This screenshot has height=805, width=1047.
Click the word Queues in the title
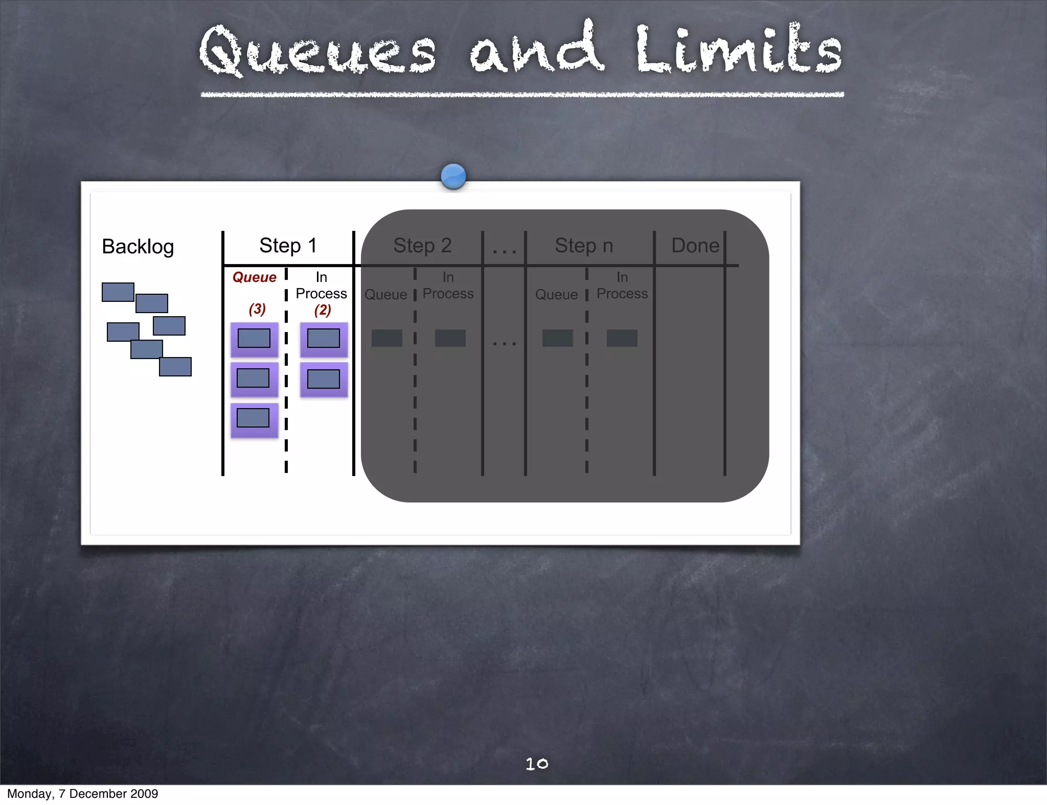(317, 51)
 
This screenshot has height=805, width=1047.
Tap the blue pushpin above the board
(453, 176)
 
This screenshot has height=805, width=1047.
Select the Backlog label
(138, 247)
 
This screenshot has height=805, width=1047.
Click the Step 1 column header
(288, 246)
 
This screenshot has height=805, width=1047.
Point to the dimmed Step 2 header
(422, 246)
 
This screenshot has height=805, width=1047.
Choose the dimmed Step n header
(584, 246)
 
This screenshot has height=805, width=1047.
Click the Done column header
(695, 246)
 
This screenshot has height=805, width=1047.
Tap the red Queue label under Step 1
(254, 277)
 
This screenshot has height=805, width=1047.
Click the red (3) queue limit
(257, 309)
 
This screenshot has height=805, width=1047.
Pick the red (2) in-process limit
(323, 310)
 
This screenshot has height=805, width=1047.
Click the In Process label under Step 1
(321, 286)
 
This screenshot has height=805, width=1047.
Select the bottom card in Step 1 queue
(254, 419)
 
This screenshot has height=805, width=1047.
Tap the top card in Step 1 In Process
(324, 339)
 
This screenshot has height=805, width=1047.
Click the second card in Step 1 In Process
(324, 379)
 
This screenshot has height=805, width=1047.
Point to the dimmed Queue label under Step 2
(385, 295)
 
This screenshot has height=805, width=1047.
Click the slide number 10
(537, 764)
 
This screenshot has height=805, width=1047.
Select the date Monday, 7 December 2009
(82, 794)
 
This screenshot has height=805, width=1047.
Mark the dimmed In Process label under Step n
(622, 286)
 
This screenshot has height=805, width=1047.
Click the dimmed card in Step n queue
(557, 338)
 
